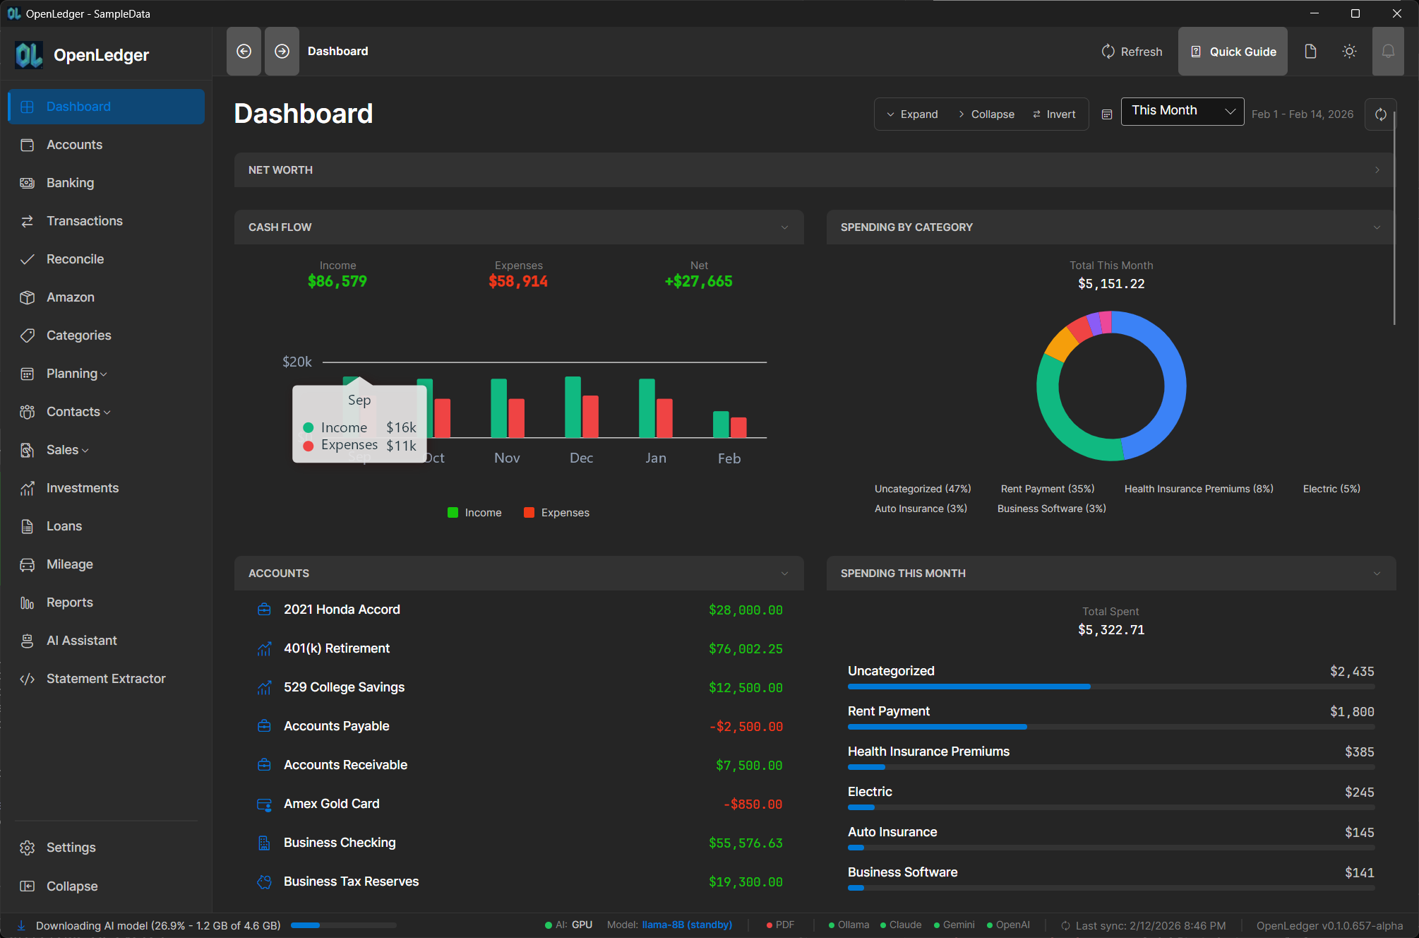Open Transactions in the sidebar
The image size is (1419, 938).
tap(84, 221)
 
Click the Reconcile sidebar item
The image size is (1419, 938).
tap(75, 259)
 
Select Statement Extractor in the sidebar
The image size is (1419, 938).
tap(106, 679)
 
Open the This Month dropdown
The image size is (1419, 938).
tap(1182, 111)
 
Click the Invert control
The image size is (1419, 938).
tap(1055, 114)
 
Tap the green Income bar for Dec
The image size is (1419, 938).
tap(573, 408)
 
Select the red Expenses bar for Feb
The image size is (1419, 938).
tap(738, 427)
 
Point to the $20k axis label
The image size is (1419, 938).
tap(297, 362)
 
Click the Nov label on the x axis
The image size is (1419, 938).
tap(507, 458)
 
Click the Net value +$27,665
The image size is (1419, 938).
tap(698, 281)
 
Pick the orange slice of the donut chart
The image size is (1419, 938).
tap(1060, 344)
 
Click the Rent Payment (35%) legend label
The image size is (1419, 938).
tap(1047, 489)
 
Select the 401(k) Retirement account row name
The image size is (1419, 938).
tap(336, 648)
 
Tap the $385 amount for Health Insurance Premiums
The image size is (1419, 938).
tap(1359, 752)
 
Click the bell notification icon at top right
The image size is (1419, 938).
tap(1387, 52)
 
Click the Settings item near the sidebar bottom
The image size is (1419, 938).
tap(71, 848)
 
